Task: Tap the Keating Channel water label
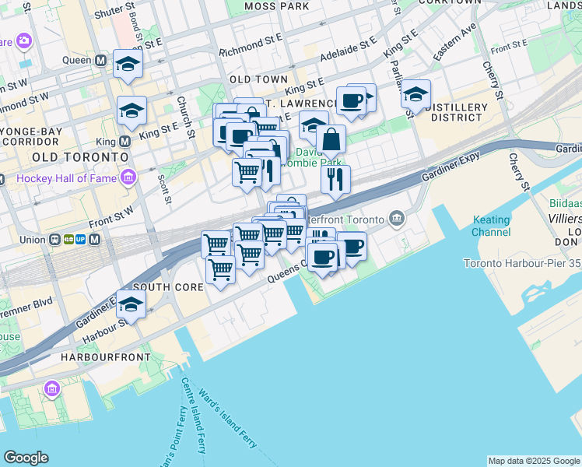pyautogui.click(x=491, y=226)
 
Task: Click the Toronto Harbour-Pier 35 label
pyautogui.click(x=522, y=263)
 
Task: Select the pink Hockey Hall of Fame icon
pyautogui.click(x=128, y=178)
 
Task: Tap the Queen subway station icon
pyautogui.click(x=100, y=60)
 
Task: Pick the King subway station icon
pyautogui.click(x=124, y=142)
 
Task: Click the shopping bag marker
pyautogui.click(x=331, y=140)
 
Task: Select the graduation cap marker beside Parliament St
pyautogui.click(x=416, y=94)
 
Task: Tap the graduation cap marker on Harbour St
pyautogui.click(x=131, y=305)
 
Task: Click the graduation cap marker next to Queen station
pyautogui.click(x=128, y=65)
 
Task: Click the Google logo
pyautogui.click(x=26, y=458)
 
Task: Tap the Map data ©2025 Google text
pyautogui.click(x=533, y=461)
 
